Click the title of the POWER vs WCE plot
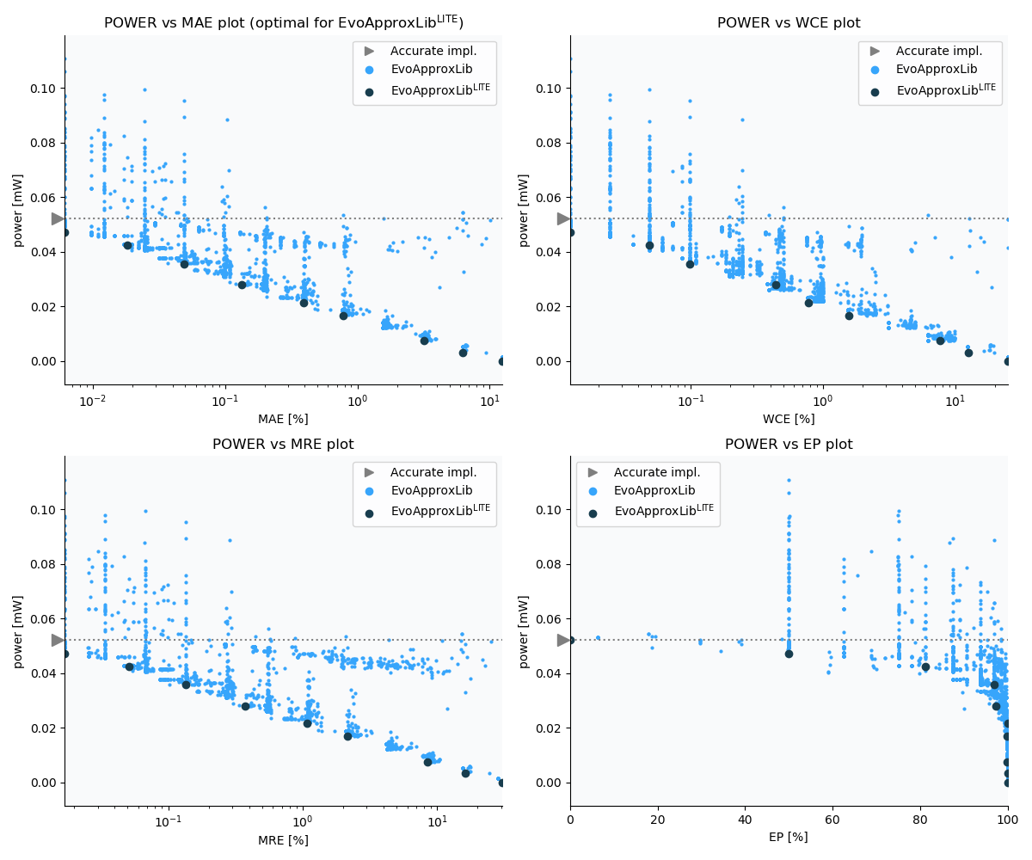(789, 23)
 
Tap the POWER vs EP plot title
(789, 445)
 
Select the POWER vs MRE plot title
(283, 445)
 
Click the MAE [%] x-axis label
(283, 419)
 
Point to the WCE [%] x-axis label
(789, 419)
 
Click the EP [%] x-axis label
(789, 837)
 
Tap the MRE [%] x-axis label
(283, 840)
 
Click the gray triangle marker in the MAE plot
(58, 219)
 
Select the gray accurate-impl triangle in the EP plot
(563, 640)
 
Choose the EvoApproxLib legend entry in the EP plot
(651, 490)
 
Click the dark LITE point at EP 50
(789, 654)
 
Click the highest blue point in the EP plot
(789, 480)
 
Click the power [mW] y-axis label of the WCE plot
(524, 210)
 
